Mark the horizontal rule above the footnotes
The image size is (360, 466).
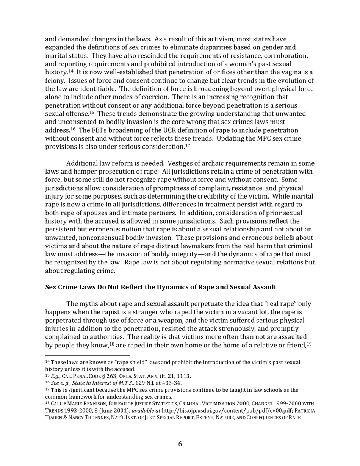tap(88, 356)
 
